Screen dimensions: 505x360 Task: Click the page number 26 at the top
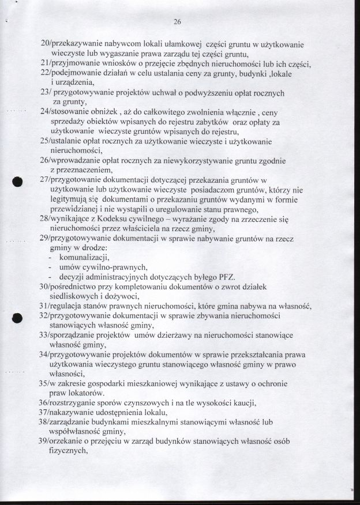[x=177, y=22]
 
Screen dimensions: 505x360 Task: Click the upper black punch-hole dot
[x=18, y=182]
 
